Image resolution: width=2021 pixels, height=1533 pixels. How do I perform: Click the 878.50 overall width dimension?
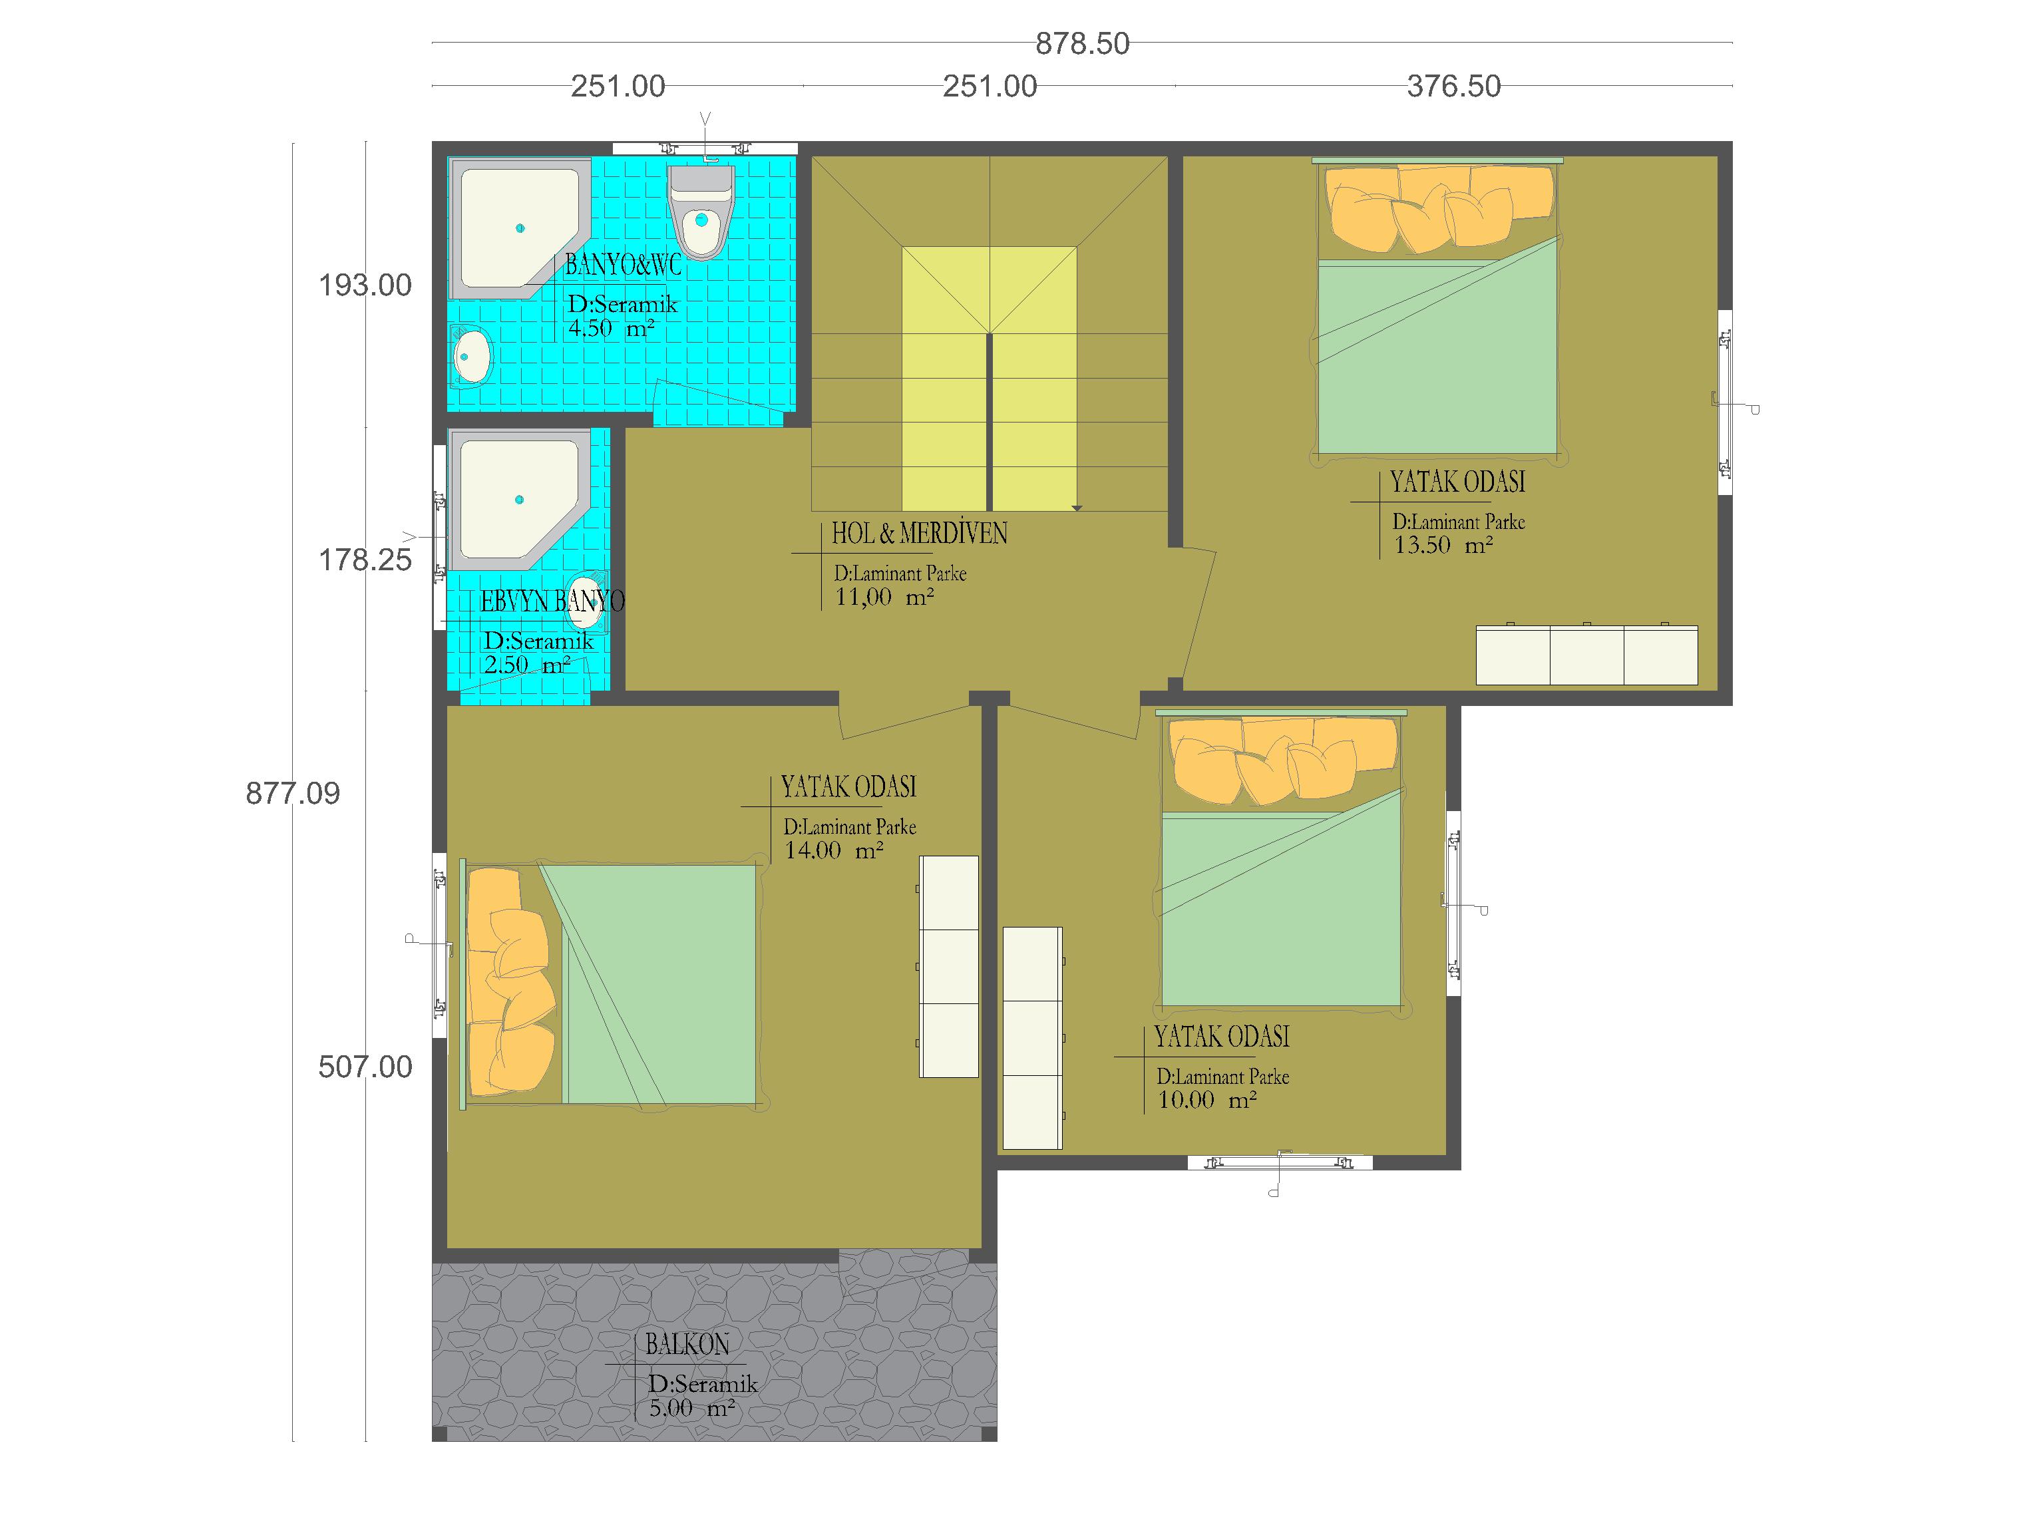point(1082,43)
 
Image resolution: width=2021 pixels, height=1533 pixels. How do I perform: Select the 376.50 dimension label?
point(1453,86)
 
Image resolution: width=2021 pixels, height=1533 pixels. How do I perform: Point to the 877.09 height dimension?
point(292,793)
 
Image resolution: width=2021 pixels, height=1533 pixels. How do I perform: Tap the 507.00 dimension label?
point(365,1066)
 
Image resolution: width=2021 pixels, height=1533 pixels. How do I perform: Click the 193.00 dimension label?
point(365,285)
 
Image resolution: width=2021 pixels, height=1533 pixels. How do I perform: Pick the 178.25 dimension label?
point(365,559)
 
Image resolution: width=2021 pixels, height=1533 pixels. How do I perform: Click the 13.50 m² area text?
point(1443,546)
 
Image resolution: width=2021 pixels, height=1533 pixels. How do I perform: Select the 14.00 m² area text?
point(833,850)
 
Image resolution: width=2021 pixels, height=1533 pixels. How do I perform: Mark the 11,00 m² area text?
point(884,597)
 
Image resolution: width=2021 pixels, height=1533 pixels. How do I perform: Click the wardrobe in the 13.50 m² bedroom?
point(1587,654)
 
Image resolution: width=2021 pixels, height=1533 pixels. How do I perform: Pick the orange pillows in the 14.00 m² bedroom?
point(510,981)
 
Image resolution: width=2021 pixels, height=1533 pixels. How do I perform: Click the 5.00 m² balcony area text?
point(691,1409)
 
